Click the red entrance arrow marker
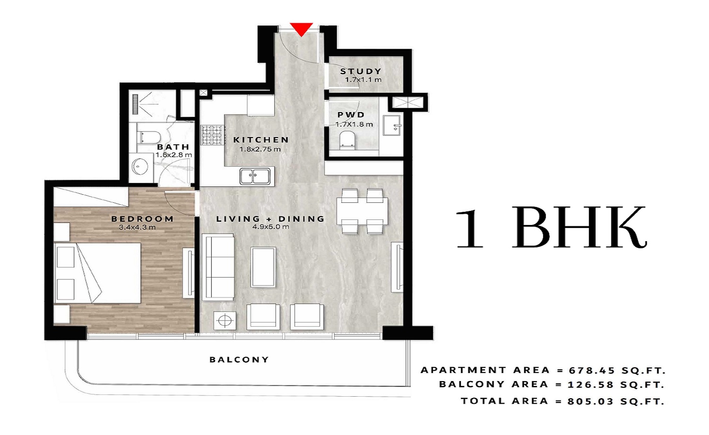[301, 29]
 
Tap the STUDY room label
[361, 71]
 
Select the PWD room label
[351, 115]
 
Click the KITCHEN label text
[261, 140]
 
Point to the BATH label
[173, 147]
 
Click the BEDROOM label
[142, 219]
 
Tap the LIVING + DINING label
[270, 219]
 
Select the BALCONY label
[239, 360]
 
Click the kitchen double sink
[255, 176]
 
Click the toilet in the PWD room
[347, 140]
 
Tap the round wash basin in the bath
[139, 166]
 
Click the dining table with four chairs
[362, 211]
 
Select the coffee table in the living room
[263, 267]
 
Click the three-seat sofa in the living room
[218, 267]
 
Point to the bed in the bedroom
[97, 273]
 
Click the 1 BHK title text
[551, 228]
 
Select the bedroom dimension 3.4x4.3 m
[137, 227]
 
